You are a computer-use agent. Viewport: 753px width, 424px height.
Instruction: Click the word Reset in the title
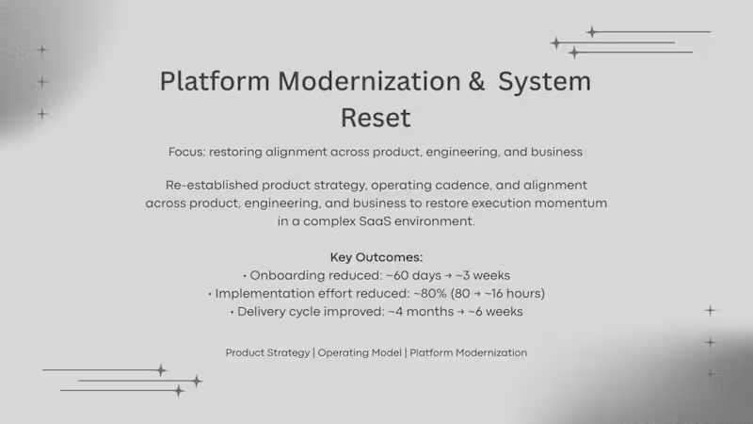[x=376, y=119]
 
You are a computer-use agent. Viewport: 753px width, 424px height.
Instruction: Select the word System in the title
[x=544, y=81]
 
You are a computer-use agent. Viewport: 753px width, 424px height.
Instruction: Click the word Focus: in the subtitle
[x=186, y=152]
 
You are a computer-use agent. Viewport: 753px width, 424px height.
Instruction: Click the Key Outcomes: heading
[x=376, y=257]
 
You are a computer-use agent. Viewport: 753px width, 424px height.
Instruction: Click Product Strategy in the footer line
[x=267, y=352]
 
